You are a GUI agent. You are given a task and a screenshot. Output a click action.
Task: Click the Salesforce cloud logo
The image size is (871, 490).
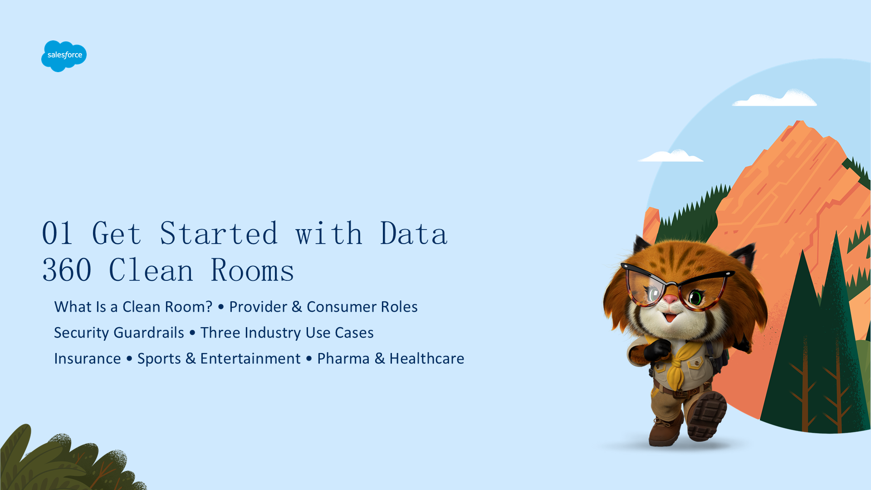pos(64,56)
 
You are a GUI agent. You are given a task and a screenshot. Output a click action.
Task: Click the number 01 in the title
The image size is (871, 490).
pos(58,234)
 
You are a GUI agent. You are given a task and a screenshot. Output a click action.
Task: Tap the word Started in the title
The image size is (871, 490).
pos(219,233)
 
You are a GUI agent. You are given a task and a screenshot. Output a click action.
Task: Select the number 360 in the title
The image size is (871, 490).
pos(67,270)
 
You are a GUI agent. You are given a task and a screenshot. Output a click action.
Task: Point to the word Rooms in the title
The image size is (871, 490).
pos(253,270)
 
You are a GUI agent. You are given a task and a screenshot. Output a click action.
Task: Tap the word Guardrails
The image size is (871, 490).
pos(149,333)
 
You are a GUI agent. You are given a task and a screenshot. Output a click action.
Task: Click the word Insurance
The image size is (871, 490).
pos(88,358)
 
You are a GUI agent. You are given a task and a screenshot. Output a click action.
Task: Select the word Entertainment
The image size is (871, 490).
pos(250,358)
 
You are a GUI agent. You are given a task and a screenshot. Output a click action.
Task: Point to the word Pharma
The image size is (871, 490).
pos(343,358)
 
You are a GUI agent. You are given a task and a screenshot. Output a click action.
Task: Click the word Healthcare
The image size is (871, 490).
pos(427,358)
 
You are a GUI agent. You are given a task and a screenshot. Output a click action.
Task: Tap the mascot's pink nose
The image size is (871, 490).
pos(670,299)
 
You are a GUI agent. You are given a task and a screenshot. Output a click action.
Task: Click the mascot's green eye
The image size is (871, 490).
pos(695,298)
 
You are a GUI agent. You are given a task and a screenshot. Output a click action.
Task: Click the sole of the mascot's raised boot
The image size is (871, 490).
pos(708,416)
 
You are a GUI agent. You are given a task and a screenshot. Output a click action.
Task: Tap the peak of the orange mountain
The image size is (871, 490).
pos(800,122)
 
